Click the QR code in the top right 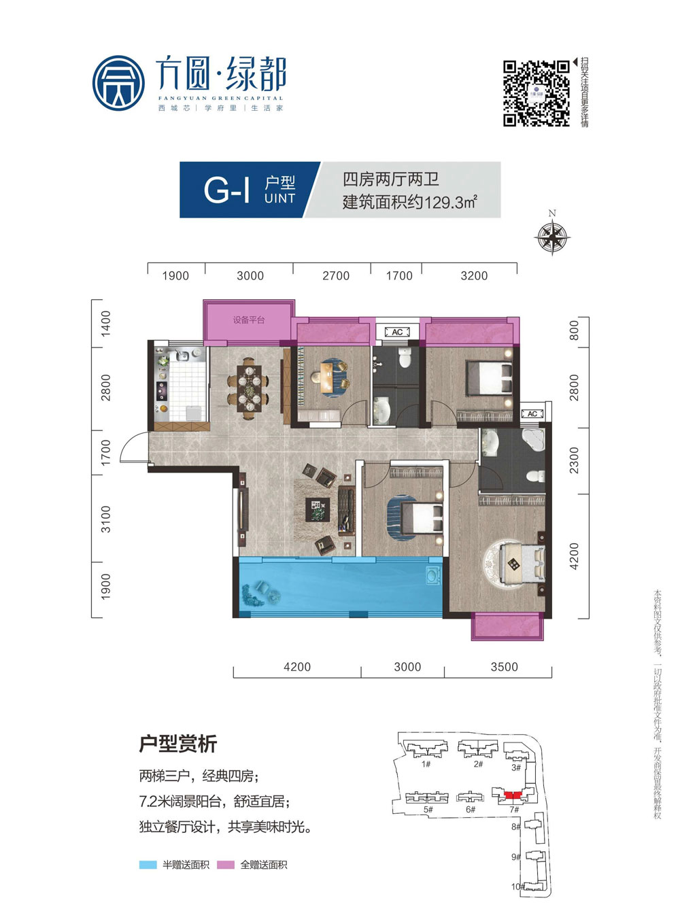coord(536,93)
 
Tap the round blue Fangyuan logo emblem coord(118,83)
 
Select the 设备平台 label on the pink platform coord(249,320)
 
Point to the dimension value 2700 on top coord(336,276)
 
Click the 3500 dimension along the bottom coord(504,667)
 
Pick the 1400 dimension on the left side coord(105,324)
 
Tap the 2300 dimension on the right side coord(575,460)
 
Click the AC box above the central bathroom coord(397,332)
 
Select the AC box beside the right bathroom coord(532,414)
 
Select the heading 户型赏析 coord(178,744)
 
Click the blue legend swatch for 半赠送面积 coord(148,865)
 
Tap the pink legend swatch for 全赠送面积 coord(226,865)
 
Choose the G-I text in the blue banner coord(226,190)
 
